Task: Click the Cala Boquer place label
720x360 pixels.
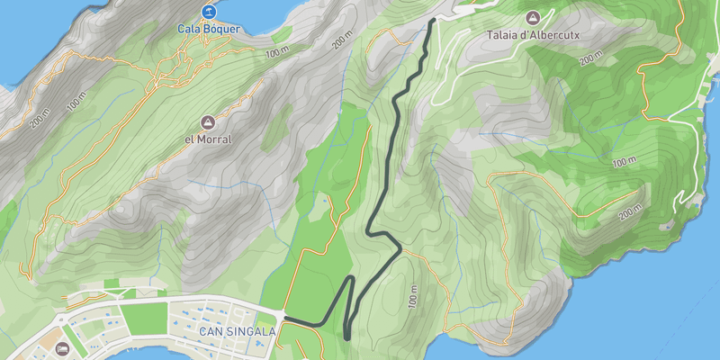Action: click(x=209, y=29)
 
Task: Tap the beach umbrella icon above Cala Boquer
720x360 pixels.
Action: click(x=209, y=12)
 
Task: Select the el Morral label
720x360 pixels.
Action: click(x=208, y=139)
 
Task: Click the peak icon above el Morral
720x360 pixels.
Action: click(x=208, y=122)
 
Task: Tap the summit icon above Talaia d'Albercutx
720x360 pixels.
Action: click(x=532, y=17)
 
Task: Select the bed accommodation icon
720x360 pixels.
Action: click(x=62, y=348)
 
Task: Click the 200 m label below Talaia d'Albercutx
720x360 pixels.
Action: click(x=590, y=59)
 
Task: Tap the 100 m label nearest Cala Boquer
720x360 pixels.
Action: click(x=279, y=51)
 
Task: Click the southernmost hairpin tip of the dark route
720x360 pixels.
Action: click(x=347, y=337)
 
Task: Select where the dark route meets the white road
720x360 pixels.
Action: click(x=286, y=318)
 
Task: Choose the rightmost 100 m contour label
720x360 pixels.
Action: click(x=622, y=163)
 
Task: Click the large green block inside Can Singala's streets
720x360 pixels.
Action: click(x=145, y=319)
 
